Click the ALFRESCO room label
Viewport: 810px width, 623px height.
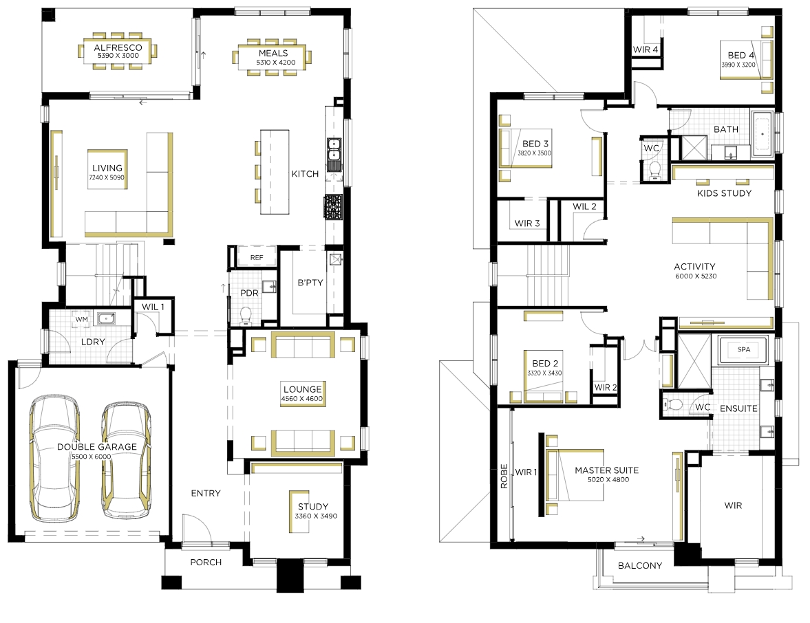coord(118,47)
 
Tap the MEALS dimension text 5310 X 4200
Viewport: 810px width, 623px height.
coord(276,63)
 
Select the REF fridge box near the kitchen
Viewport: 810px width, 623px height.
coord(257,257)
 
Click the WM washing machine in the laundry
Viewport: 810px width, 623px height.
coord(82,319)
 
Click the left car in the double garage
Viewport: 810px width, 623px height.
coord(54,457)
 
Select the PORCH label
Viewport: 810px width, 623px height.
coord(206,562)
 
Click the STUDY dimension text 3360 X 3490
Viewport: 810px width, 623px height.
coord(316,516)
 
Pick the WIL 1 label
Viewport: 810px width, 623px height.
coord(153,307)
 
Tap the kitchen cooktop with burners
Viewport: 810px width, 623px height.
coord(333,207)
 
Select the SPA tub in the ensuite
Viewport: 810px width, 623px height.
coord(744,349)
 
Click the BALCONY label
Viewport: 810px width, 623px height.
coord(639,565)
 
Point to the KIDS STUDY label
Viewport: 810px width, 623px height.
coord(724,193)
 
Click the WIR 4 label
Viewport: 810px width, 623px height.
coord(646,50)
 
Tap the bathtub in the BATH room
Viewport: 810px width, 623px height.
coord(763,133)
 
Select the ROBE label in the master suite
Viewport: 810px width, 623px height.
coord(504,476)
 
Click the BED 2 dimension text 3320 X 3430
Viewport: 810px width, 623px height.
coord(544,373)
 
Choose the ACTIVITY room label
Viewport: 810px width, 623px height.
coord(694,266)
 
